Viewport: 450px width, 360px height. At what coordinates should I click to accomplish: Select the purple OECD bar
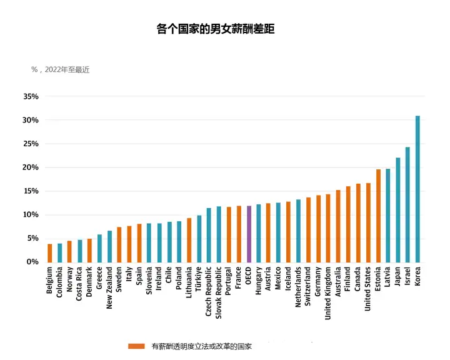tap(249, 234)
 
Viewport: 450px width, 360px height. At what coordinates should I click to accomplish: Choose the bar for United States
tap(368, 222)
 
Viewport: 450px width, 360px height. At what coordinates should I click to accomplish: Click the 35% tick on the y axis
tap(31, 97)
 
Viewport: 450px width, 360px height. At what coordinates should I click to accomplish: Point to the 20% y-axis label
tap(31, 167)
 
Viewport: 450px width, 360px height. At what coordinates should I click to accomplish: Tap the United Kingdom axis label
tap(328, 294)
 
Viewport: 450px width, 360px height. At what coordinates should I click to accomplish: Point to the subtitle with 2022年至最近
tap(61, 70)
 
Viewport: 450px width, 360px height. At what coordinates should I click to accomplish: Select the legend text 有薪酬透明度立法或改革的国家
tap(201, 346)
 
